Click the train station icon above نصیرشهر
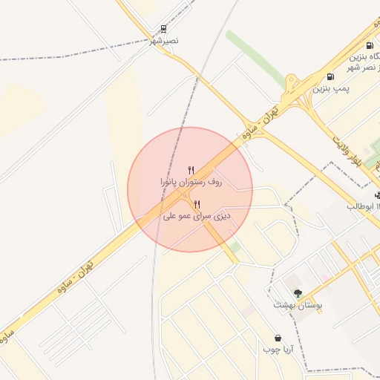coord(163,30)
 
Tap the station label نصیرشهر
coord(165,42)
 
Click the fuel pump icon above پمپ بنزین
coord(330,76)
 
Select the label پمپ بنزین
coord(331,88)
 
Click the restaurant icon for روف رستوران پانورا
coord(191,170)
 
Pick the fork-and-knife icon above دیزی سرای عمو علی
coord(197,204)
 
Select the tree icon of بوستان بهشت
coord(298,294)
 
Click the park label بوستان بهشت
coord(295,305)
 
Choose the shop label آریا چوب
coord(280,349)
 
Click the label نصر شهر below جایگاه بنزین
coord(368,68)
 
